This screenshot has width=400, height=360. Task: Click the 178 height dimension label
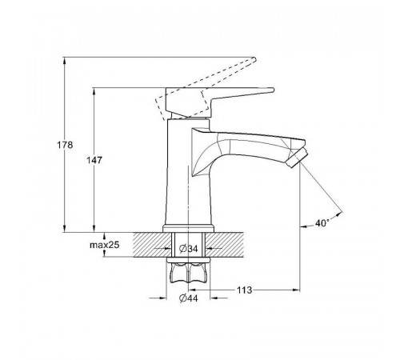pos(65,145)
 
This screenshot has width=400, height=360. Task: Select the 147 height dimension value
pos(94,160)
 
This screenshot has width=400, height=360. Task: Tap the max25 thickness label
pos(104,245)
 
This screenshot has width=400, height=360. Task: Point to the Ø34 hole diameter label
pos(189,249)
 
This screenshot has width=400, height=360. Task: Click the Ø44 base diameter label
pos(189,298)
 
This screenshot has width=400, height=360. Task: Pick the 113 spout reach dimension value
pos(245,290)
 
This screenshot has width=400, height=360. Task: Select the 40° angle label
pos(322,223)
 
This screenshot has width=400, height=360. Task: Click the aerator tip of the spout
pos(298,158)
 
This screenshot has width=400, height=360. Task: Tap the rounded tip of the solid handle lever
pos(272,90)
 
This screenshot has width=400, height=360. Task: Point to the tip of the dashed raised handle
pos(254,59)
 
